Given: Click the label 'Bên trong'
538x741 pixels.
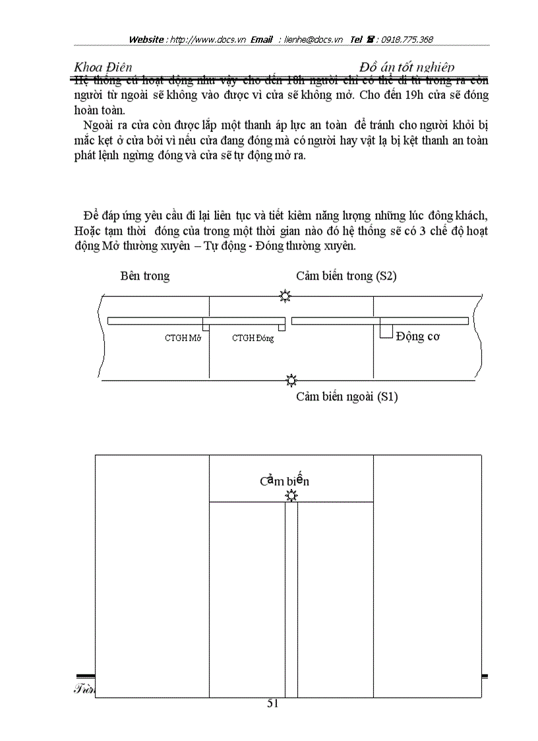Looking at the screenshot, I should pyautogui.click(x=144, y=276).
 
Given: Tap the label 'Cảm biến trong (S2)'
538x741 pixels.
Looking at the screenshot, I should pyautogui.click(x=346, y=276).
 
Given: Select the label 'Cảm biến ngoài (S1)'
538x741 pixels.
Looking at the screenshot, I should pyautogui.click(x=347, y=397).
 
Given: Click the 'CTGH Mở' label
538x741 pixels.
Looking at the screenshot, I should pyautogui.click(x=183, y=338).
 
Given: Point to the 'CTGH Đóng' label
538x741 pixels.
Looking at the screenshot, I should pyautogui.click(x=253, y=338).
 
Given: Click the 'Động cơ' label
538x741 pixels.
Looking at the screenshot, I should pyautogui.click(x=417, y=337).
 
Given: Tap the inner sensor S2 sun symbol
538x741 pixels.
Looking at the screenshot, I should pyautogui.click(x=285, y=296).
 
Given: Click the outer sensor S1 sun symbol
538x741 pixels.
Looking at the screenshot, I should pyautogui.click(x=291, y=380).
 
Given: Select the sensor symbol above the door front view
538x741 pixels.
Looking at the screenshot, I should pyautogui.click(x=291, y=496).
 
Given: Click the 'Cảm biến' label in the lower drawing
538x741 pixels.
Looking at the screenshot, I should pyautogui.click(x=284, y=480).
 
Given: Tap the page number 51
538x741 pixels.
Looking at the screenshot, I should pyautogui.click(x=273, y=703).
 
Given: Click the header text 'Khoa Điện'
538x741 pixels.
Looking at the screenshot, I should pyautogui.click(x=103, y=67).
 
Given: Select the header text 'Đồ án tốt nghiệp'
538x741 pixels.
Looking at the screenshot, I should pyautogui.click(x=407, y=67).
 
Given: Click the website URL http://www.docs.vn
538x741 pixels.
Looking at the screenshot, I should pyautogui.click(x=208, y=40).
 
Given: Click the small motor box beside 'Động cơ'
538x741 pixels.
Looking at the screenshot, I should pyautogui.click(x=386, y=329).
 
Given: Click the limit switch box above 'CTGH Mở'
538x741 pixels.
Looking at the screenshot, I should pyautogui.click(x=206, y=327).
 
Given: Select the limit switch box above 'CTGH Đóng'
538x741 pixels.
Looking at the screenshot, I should pyautogui.click(x=282, y=327).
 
